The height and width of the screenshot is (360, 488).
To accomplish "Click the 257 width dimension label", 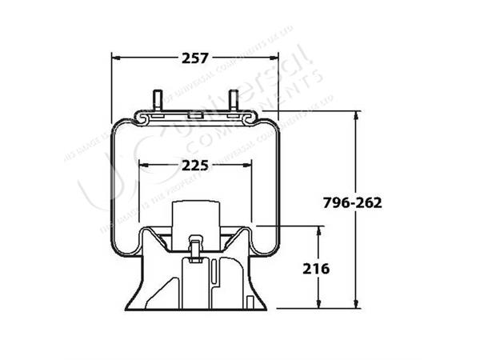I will pos(195,58).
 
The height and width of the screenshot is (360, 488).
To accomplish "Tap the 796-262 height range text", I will pos(352,202).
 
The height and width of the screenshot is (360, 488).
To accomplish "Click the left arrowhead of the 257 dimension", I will pos(115,58).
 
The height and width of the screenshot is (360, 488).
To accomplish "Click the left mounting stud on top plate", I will pos(157,102).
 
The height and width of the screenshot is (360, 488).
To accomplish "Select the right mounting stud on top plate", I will pos(234,102).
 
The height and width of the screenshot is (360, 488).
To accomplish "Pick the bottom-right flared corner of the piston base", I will pos(264,308).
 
